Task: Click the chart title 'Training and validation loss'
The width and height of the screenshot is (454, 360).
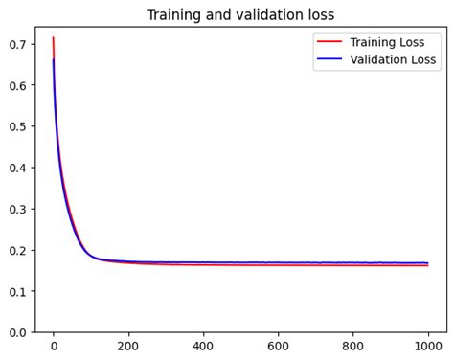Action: coord(240,14)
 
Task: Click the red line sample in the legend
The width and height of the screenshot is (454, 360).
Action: coord(329,42)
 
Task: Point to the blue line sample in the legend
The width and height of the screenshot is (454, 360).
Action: coord(329,59)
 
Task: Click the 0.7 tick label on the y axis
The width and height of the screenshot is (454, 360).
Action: coord(18,44)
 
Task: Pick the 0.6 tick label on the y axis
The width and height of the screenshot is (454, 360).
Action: coord(18,85)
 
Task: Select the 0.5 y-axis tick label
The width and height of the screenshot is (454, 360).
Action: coord(18,126)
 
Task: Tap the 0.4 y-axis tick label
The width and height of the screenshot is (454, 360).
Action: coord(18,168)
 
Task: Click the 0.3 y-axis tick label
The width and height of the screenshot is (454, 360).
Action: coord(18,209)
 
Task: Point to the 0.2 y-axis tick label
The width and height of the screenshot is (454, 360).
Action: coord(18,250)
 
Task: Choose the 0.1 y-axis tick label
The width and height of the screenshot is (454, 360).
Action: coord(18,291)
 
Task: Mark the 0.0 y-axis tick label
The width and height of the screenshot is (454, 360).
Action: coord(18,332)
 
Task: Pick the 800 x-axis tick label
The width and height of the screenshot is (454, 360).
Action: coord(353,348)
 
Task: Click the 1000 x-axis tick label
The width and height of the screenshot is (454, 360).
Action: coord(428,348)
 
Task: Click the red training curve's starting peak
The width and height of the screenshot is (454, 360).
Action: coord(54,38)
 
